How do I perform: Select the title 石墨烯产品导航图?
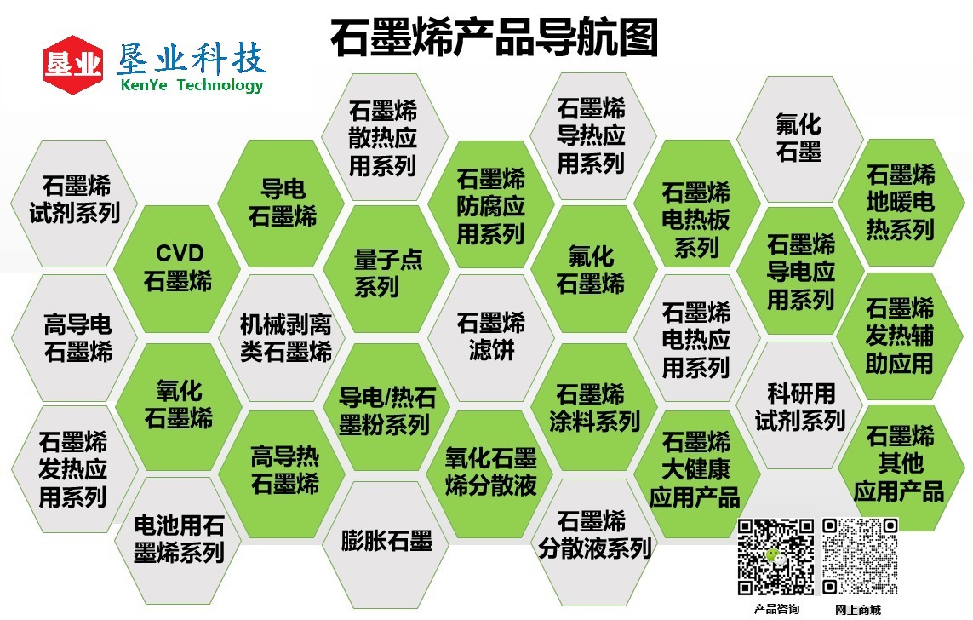click(494, 38)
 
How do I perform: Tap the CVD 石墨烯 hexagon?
click(178, 267)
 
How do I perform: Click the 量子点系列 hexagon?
click(387, 273)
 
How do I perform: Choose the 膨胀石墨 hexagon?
click(386, 541)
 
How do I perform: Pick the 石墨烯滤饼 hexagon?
click(491, 336)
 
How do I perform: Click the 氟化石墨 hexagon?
click(798, 138)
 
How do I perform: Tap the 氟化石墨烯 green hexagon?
click(593, 268)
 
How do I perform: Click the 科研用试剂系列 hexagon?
click(800, 406)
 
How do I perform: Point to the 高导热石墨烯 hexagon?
click(283, 471)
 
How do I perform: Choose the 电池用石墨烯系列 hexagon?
click(178, 539)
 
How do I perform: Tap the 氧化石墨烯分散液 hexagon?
click(491, 471)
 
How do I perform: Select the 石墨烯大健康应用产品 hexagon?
click(695, 469)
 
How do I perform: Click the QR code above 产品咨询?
click(776, 556)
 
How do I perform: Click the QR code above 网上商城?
click(860, 556)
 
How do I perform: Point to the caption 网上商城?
click(858, 610)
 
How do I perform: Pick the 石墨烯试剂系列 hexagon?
click(75, 199)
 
